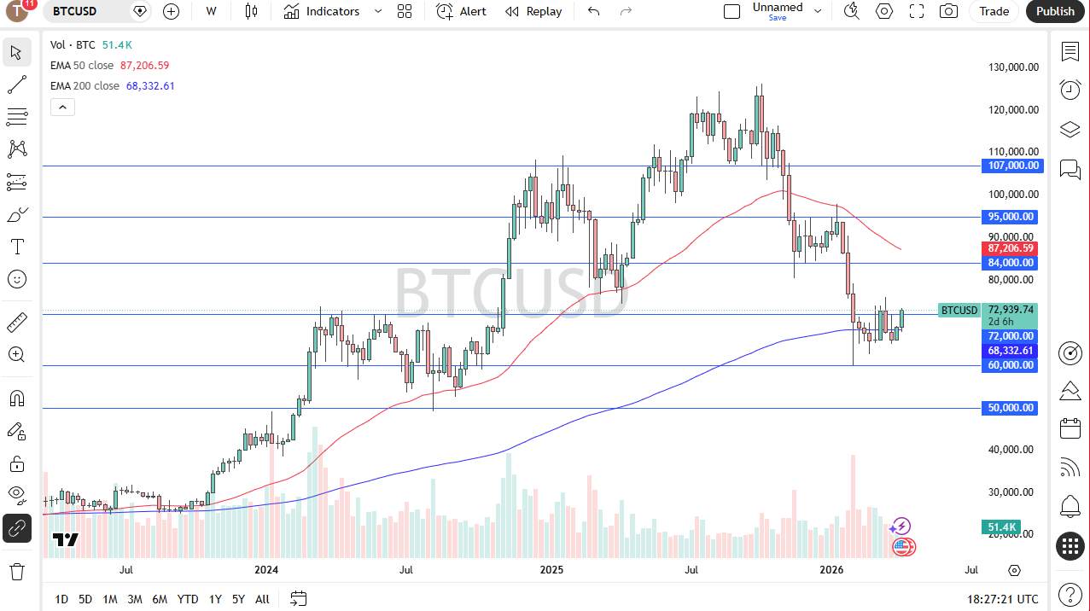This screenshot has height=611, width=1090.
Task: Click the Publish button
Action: click(x=1056, y=11)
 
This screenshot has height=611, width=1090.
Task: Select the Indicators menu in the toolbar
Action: click(x=323, y=11)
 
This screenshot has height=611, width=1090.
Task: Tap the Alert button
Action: click(x=462, y=11)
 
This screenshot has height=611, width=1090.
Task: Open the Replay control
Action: click(x=533, y=11)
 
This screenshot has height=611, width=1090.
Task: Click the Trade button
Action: click(x=994, y=11)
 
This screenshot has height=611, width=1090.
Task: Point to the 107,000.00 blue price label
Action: click(x=1013, y=166)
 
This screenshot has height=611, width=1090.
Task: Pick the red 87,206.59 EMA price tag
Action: click(x=1011, y=248)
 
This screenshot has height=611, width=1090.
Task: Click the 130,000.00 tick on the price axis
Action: click(x=1013, y=67)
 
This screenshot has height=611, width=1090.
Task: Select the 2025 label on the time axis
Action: click(x=551, y=570)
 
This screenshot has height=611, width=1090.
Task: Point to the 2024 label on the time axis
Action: click(x=267, y=570)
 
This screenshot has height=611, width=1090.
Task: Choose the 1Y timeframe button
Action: click(x=215, y=599)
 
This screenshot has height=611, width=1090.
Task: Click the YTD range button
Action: click(x=188, y=599)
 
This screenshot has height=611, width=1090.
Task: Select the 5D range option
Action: click(x=85, y=599)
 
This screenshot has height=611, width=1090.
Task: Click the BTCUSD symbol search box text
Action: click(x=75, y=11)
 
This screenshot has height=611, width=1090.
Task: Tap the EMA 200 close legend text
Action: click(x=85, y=86)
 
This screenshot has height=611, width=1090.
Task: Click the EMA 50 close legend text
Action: click(x=82, y=66)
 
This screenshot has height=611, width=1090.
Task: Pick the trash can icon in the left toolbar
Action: click(x=17, y=571)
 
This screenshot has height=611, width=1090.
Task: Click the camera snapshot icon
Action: click(x=948, y=11)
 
